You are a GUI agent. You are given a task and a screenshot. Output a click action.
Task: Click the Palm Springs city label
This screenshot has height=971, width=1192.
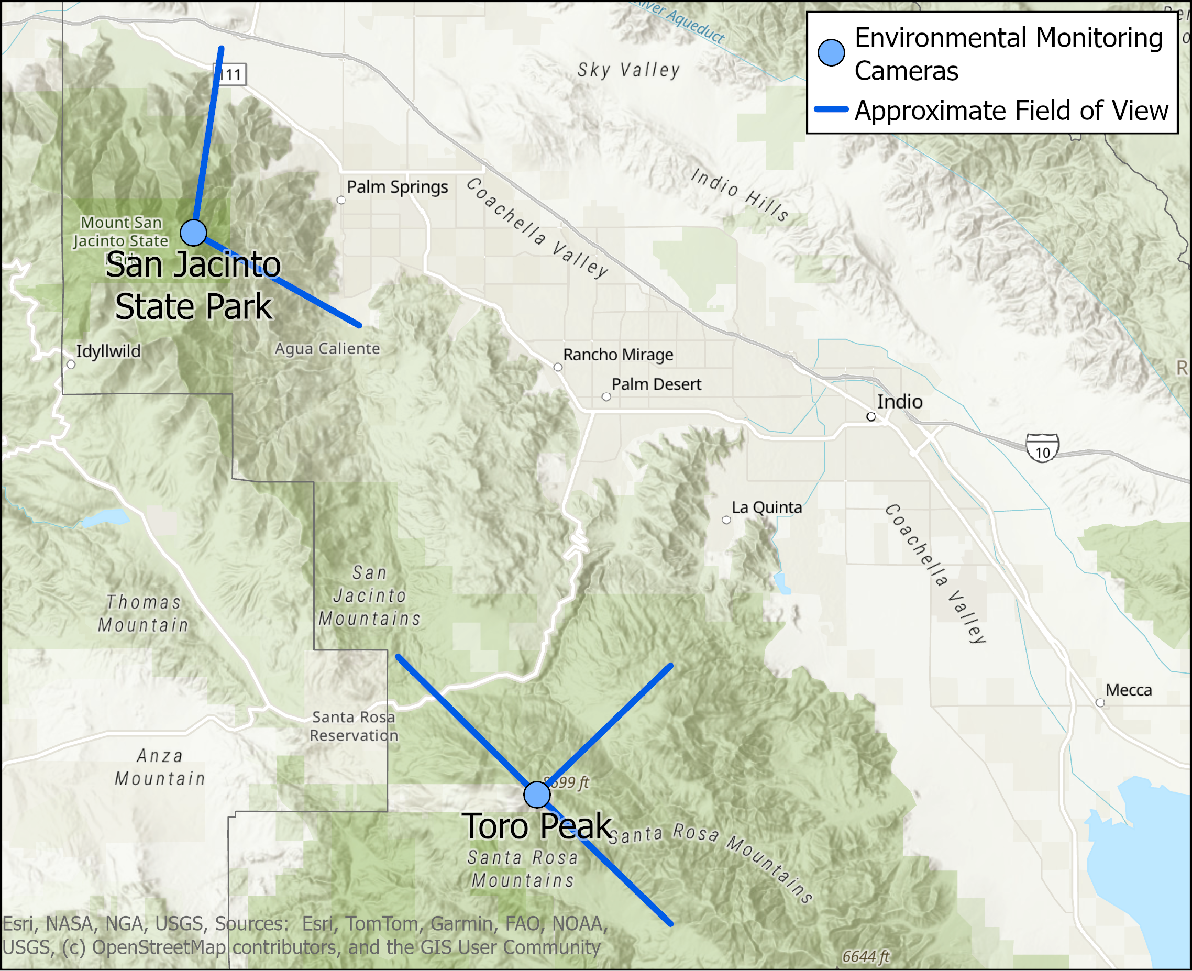pos(397,187)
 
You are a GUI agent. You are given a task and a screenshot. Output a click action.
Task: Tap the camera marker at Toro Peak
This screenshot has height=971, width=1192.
pos(537,795)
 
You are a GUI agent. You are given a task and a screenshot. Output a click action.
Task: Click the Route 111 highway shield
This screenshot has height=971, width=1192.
pos(230,74)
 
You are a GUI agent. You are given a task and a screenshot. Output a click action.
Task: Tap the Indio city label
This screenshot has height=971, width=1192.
pos(899,402)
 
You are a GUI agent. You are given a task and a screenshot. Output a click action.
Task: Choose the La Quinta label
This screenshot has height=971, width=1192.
pos(766,507)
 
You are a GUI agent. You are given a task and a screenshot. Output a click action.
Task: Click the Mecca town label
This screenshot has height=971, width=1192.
pos(1128,690)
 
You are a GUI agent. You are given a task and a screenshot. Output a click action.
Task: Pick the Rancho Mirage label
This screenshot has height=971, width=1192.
pos(618,355)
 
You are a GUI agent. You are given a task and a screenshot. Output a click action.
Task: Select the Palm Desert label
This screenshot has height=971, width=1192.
pos(656,384)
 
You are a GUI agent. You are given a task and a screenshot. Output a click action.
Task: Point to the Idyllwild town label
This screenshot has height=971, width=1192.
pos(108,351)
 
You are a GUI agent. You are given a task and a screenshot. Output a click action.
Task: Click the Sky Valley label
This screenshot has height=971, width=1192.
pos(628,70)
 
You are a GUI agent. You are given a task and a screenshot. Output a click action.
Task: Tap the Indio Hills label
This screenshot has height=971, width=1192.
pos(740,194)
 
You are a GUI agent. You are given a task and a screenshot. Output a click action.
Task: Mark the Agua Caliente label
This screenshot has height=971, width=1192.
pos(327,348)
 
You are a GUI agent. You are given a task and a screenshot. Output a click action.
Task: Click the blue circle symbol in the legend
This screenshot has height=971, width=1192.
pos(831,52)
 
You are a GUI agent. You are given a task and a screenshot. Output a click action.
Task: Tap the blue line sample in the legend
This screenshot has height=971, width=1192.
pos(831,109)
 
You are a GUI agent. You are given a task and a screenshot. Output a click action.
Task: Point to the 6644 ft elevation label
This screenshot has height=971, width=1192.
pos(866,956)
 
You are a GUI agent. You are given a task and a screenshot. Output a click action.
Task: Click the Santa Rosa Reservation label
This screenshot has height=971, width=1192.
pos(354,726)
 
